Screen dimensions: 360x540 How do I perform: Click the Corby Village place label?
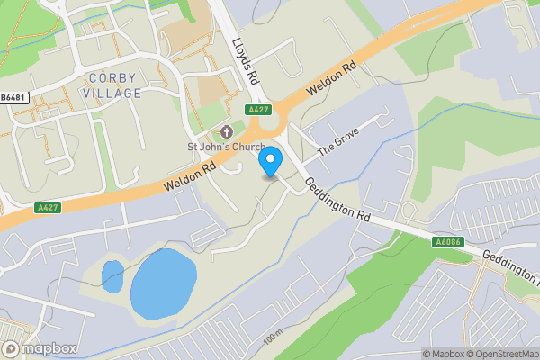tap(112, 85)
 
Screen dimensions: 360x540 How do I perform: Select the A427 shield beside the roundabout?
tap(259, 110)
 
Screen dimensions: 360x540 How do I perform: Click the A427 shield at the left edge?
tap(48, 208)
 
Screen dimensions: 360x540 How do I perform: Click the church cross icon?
tap(226, 132)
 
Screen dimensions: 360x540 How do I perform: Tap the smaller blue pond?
tap(112, 275)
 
